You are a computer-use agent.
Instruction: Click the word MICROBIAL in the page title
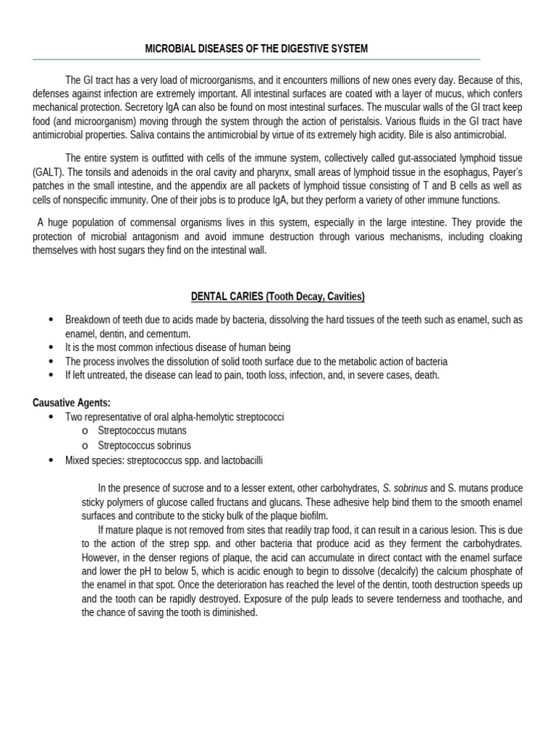coord(168,48)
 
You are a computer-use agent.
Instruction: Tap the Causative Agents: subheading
coord(72,403)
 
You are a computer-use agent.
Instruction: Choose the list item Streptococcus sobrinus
coord(145,445)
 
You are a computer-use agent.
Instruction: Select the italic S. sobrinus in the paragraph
coord(405,488)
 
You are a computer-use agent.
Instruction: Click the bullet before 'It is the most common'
coord(50,347)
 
